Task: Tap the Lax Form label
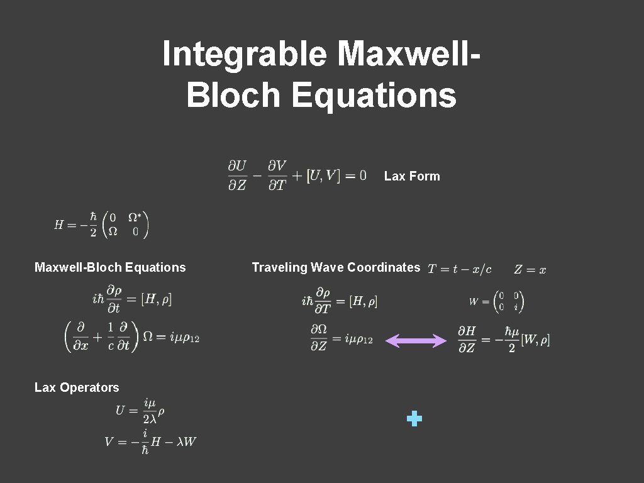pos(412,176)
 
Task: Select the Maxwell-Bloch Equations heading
pos(110,267)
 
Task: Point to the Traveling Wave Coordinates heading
pos(336,267)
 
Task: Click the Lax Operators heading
pos(77,387)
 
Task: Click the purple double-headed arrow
pos(416,341)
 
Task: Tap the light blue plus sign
pos(414,418)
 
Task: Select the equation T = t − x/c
pos(460,269)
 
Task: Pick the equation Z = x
pos(530,270)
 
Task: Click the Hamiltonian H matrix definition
pos(101,225)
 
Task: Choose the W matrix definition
pos(496,301)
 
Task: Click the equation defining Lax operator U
pos(140,411)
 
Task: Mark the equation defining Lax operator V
pos(150,441)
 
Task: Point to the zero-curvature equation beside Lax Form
pos(297,176)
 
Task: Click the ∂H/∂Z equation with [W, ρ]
pos(504,340)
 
